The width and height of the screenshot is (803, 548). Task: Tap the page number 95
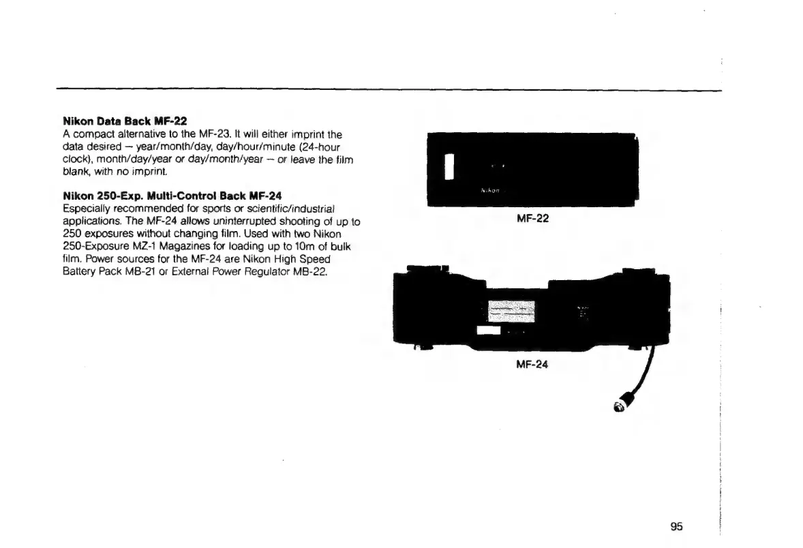[x=676, y=526]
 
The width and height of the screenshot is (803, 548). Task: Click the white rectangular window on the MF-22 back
[x=449, y=166]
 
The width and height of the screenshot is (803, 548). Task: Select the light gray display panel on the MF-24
[x=511, y=311]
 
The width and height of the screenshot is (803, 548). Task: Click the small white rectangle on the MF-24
[x=488, y=331]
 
